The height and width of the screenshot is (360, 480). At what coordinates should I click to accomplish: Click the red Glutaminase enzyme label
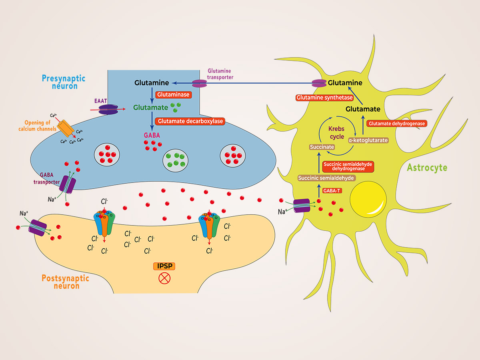click(x=172, y=95)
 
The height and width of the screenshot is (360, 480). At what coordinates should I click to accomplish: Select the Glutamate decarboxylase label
click(x=190, y=121)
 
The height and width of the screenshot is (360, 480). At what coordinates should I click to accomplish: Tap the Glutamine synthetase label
click(x=324, y=98)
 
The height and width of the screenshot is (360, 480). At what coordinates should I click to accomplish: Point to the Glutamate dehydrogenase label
click(x=397, y=124)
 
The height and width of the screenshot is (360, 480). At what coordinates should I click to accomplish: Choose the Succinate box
click(x=322, y=147)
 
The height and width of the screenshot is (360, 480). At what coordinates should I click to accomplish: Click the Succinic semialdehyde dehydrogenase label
click(x=348, y=166)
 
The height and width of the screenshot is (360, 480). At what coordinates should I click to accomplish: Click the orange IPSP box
click(x=164, y=266)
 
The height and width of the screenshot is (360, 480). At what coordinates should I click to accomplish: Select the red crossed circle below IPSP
click(x=164, y=278)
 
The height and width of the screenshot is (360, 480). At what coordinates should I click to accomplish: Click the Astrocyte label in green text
click(x=427, y=167)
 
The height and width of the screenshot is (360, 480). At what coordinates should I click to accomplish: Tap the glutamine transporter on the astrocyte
click(x=319, y=83)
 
